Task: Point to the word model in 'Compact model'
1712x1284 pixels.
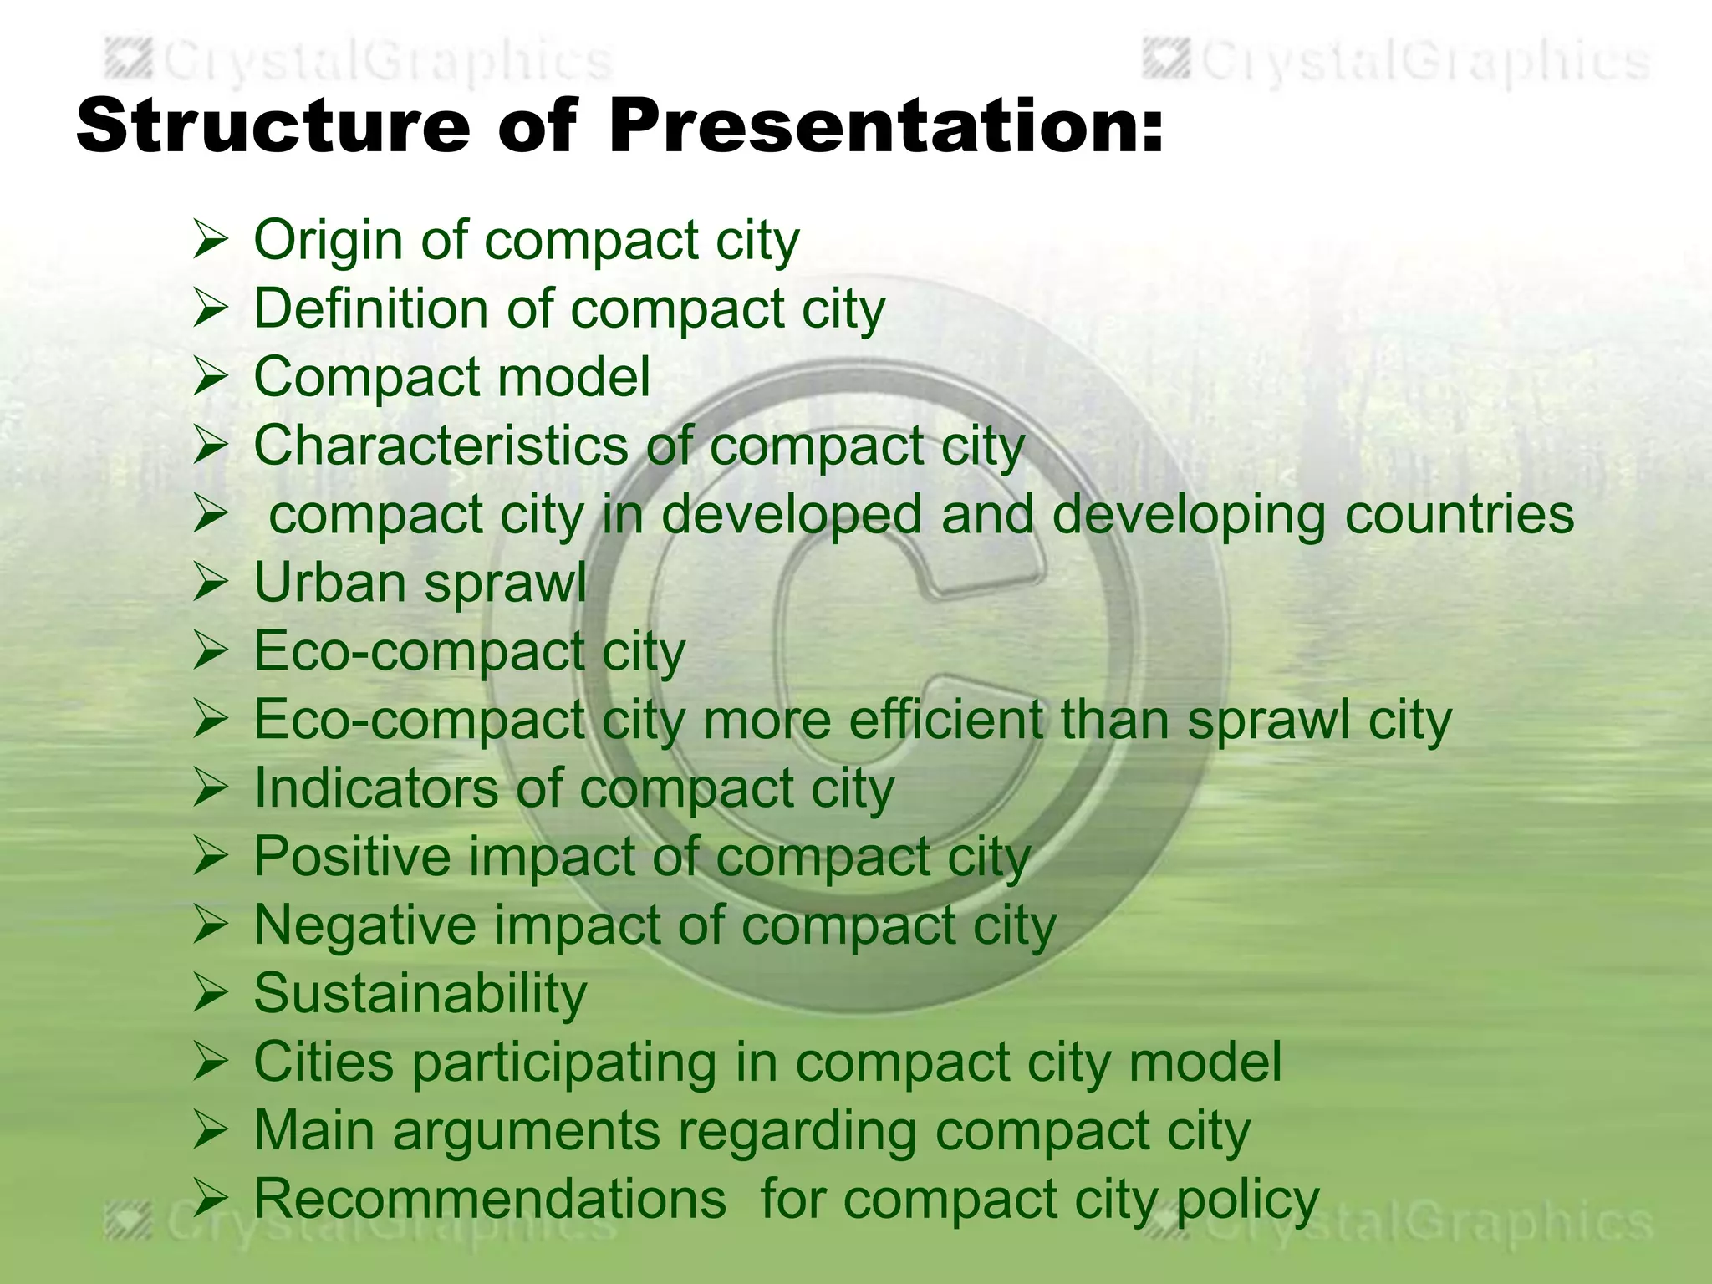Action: pos(573,378)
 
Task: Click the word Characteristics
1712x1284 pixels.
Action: pos(440,446)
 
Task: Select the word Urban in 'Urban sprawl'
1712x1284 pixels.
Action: pos(329,583)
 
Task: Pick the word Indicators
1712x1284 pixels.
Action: pos(375,788)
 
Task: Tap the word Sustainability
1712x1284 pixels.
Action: pos(420,995)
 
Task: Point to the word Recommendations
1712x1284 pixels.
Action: pos(490,1200)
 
